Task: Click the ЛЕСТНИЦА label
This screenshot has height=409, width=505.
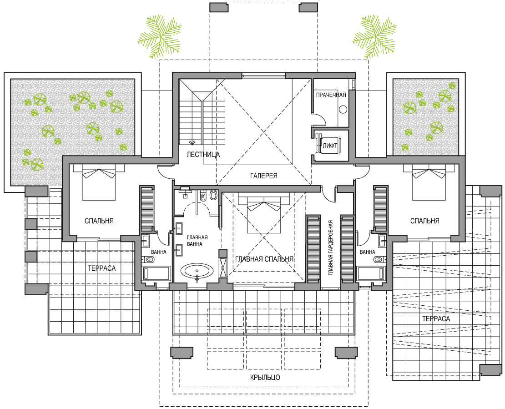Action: point(203,155)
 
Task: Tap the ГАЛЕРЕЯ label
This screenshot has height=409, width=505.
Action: point(264,176)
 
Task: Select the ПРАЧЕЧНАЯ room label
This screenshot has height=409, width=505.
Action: point(331,95)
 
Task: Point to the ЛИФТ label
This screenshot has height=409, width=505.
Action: point(330,146)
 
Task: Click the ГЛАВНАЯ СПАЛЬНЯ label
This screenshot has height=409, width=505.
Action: point(264,259)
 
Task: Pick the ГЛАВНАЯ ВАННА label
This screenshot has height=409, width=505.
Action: point(197,241)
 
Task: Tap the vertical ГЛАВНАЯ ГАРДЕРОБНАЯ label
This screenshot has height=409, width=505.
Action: point(330,248)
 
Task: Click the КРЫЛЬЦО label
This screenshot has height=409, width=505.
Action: point(265,378)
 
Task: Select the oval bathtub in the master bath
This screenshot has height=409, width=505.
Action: point(197,271)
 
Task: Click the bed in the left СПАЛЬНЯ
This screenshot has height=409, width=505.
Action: point(99,182)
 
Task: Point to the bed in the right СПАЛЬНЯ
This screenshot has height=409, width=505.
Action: point(429,182)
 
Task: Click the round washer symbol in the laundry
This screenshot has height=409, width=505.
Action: point(343,110)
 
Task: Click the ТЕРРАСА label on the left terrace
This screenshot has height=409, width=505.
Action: point(102,268)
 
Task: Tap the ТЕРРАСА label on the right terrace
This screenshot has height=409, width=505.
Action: point(436,319)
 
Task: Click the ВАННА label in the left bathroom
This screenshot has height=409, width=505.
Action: point(159,252)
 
